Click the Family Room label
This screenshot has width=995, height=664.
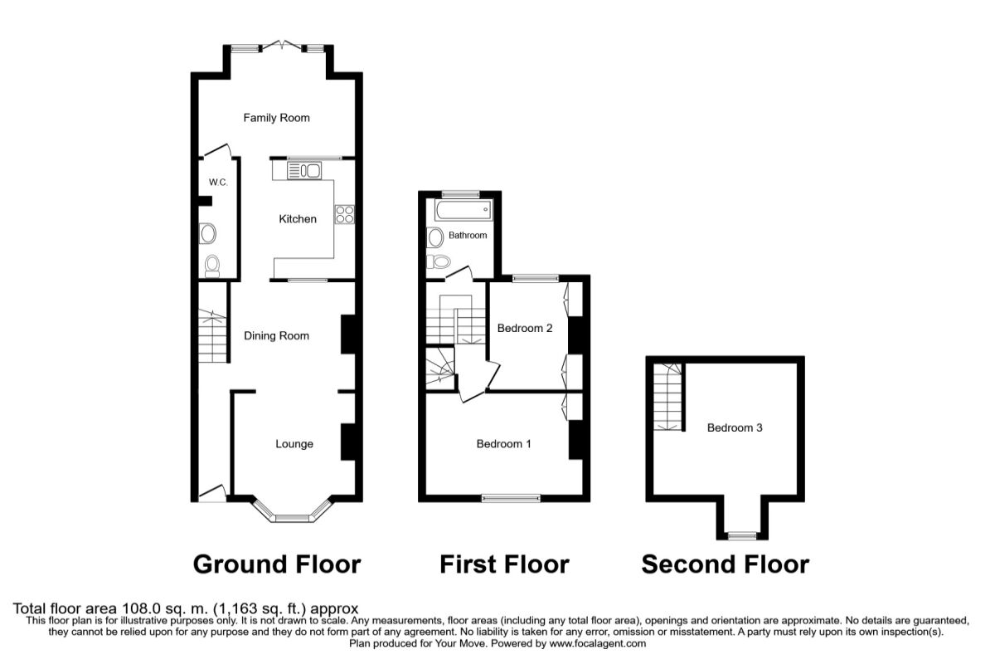(x=276, y=118)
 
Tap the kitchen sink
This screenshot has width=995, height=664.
(x=304, y=171)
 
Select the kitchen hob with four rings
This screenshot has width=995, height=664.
(x=345, y=214)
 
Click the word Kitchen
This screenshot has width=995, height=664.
(x=298, y=219)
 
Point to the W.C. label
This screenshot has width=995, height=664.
(x=218, y=183)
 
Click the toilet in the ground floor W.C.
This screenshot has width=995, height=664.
(x=212, y=266)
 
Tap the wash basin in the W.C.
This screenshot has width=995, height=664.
(x=207, y=233)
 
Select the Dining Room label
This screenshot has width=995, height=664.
(x=276, y=336)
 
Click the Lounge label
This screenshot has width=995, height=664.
(x=294, y=444)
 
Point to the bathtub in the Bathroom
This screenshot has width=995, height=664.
(x=464, y=210)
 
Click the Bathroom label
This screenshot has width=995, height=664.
(x=468, y=235)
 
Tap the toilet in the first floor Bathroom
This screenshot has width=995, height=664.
(x=439, y=261)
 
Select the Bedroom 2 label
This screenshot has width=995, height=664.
(x=525, y=328)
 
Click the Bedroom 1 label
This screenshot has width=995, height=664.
(x=504, y=444)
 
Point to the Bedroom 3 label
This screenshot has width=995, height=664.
(x=735, y=427)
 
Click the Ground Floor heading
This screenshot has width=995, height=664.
(x=277, y=564)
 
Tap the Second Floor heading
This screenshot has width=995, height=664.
(x=726, y=564)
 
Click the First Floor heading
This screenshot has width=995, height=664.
(x=505, y=564)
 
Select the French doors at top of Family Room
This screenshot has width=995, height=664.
(x=281, y=45)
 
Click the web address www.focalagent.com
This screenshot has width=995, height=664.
(x=598, y=643)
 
